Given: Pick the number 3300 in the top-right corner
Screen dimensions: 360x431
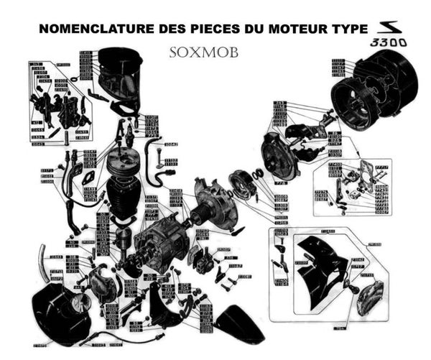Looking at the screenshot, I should tap(389, 44).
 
